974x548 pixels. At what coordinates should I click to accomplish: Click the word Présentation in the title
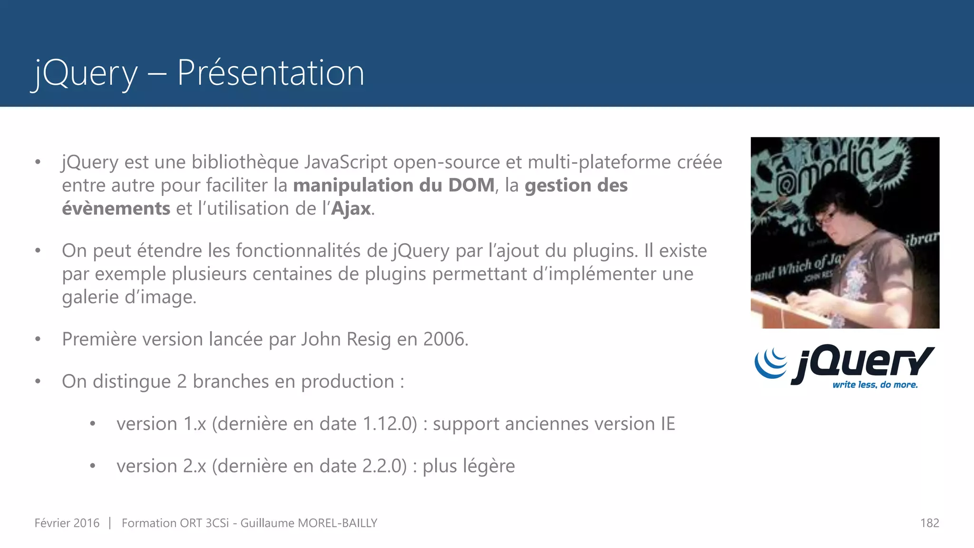pos(271,73)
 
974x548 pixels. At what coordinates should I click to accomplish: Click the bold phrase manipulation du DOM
pos(394,186)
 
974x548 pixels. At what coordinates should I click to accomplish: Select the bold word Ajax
pos(351,209)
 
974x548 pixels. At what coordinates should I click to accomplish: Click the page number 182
pos(929,523)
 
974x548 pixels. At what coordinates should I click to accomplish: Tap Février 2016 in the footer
pos(67,523)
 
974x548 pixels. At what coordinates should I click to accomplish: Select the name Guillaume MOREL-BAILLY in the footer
pos(309,523)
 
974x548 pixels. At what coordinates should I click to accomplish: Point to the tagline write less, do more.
pos(875,385)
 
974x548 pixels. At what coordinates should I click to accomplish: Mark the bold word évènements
pos(116,209)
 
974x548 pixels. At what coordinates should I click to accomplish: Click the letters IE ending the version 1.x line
pos(667,424)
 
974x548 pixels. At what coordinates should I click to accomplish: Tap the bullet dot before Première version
pos(38,340)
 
